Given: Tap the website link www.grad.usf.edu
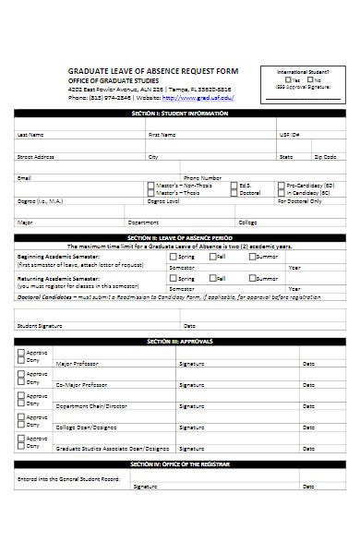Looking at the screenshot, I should point(198,97).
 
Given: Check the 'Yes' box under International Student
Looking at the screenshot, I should point(289,80).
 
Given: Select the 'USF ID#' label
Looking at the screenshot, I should point(290,134).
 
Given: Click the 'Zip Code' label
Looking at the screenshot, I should point(324,157).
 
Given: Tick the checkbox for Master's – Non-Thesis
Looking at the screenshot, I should point(151,185).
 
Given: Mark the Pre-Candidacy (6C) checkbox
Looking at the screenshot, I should point(282,185).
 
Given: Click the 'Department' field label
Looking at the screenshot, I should point(143,222).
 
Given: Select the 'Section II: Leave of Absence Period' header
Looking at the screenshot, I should point(180,237).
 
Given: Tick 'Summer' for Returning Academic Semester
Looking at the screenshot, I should point(250,277).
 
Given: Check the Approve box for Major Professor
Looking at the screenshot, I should point(21,353).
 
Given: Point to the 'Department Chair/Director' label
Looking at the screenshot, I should point(90,405).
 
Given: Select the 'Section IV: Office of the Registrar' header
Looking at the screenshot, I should point(180,463).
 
